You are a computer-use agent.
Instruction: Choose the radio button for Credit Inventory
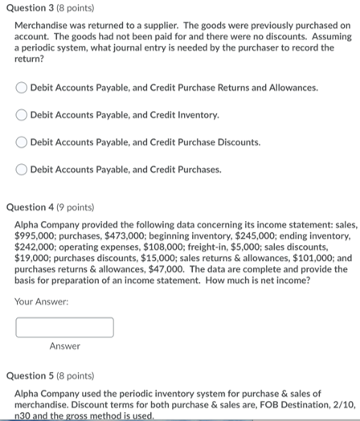click(x=22, y=115)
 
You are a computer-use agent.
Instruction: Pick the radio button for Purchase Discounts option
click(x=22, y=142)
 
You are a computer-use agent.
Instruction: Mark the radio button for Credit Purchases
click(x=22, y=170)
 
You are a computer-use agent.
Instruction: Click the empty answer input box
click(x=64, y=327)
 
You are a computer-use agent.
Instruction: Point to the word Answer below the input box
click(x=64, y=346)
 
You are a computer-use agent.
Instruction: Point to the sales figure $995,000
click(x=35, y=238)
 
